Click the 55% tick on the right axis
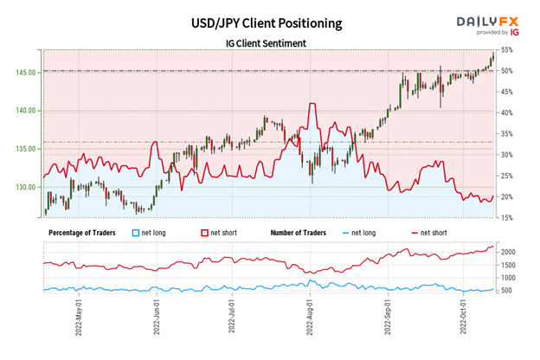[x=509, y=53]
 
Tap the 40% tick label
[x=509, y=112]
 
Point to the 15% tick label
[x=509, y=218]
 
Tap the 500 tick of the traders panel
[x=510, y=291]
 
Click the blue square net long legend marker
[x=134, y=233]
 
